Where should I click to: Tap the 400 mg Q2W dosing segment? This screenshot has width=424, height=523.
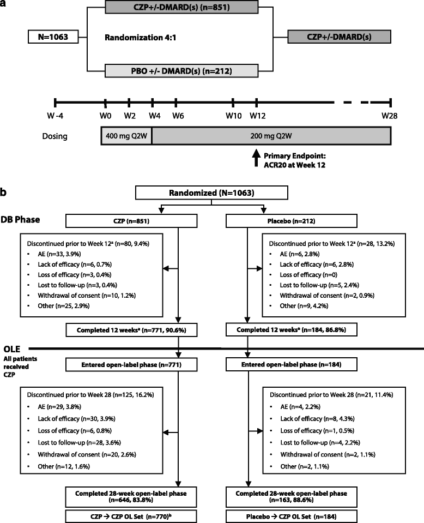[126, 135]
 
